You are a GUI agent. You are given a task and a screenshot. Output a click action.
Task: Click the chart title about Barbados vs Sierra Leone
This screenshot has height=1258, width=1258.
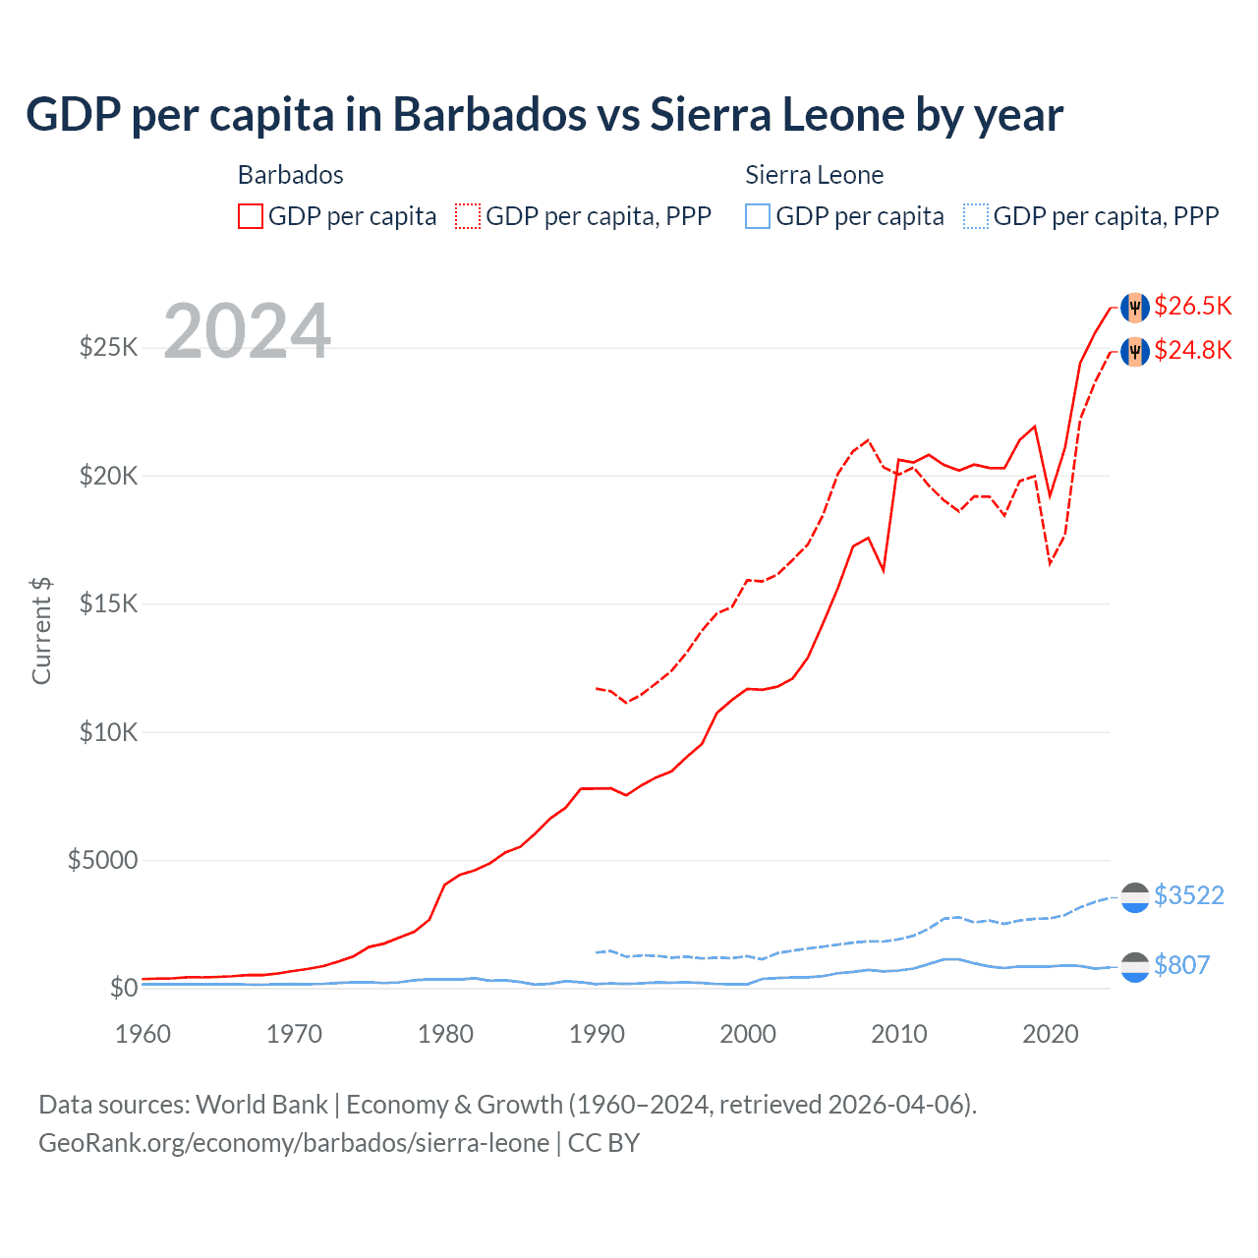[544, 115]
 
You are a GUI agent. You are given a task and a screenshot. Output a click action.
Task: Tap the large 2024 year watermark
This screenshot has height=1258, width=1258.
[247, 331]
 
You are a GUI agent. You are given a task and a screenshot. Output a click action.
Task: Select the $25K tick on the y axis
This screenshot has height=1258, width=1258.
[108, 347]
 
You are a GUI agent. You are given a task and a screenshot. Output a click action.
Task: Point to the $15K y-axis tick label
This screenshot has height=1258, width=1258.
[108, 603]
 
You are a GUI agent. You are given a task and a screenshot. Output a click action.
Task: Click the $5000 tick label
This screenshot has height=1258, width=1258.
[102, 861]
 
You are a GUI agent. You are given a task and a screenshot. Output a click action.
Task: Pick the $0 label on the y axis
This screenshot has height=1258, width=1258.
[123, 988]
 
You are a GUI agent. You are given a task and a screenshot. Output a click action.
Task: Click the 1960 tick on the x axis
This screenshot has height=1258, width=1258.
[143, 1034]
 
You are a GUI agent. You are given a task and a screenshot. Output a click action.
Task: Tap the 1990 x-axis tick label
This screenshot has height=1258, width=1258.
[597, 1034]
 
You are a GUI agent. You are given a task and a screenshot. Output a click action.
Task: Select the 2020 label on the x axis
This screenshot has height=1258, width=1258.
[1050, 1034]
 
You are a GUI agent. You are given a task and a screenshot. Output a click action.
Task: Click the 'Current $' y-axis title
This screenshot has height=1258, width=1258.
[41, 631]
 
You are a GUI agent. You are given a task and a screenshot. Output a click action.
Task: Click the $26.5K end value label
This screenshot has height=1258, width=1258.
[1192, 306]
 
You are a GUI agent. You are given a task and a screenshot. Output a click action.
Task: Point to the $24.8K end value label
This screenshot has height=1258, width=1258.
[1192, 350]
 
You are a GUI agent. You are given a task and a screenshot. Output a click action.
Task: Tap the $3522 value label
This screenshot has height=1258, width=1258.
[1188, 895]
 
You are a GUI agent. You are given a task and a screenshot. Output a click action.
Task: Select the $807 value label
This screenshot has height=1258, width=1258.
[1181, 965]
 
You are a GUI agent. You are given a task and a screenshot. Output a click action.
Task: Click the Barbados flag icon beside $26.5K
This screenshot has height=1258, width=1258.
[1135, 307]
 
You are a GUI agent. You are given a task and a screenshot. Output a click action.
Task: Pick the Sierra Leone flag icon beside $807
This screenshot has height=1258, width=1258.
[1135, 967]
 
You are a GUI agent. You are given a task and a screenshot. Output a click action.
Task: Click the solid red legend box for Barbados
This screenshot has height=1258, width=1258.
[251, 216]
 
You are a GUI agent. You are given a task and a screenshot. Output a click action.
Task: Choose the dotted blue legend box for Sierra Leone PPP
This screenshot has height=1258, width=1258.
[976, 216]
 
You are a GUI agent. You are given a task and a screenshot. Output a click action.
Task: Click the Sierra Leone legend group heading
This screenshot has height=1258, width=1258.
[814, 175]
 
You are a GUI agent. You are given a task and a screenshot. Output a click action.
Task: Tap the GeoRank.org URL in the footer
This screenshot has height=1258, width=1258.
[294, 1143]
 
